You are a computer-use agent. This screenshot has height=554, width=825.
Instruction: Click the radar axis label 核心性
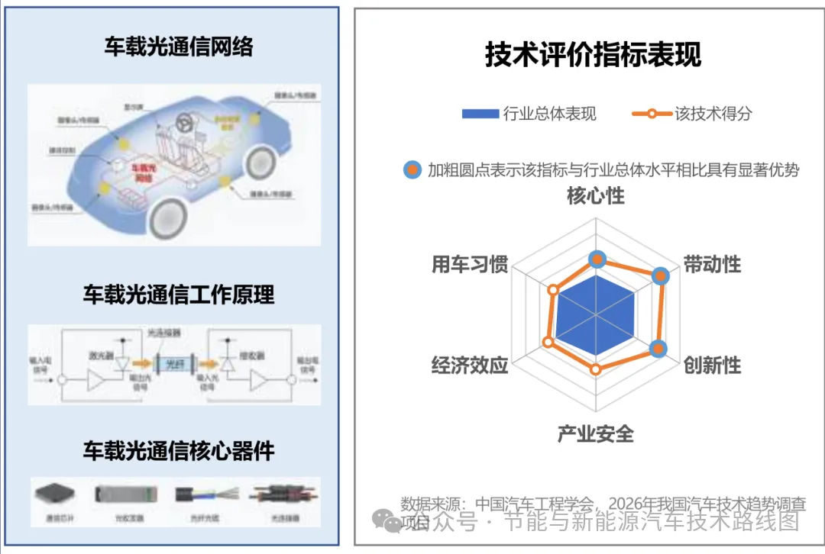[595, 196]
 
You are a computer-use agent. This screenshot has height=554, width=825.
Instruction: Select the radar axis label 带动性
[712, 265]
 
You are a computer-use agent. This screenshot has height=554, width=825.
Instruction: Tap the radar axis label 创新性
[712, 365]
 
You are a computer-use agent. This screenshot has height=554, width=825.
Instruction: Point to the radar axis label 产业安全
[595, 434]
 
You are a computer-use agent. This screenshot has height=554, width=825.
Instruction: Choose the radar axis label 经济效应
[469, 365]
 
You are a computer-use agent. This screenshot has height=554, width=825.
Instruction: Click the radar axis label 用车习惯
[469, 265]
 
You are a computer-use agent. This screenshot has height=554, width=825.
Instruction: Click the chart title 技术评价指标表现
[593, 55]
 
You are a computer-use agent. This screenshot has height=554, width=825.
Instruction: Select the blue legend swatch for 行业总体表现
[480, 114]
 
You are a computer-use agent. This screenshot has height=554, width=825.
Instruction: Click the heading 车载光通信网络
[178, 47]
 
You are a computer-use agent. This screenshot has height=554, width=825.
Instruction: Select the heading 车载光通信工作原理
[178, 295]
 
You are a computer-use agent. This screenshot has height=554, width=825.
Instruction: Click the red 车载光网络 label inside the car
[143, 171]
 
